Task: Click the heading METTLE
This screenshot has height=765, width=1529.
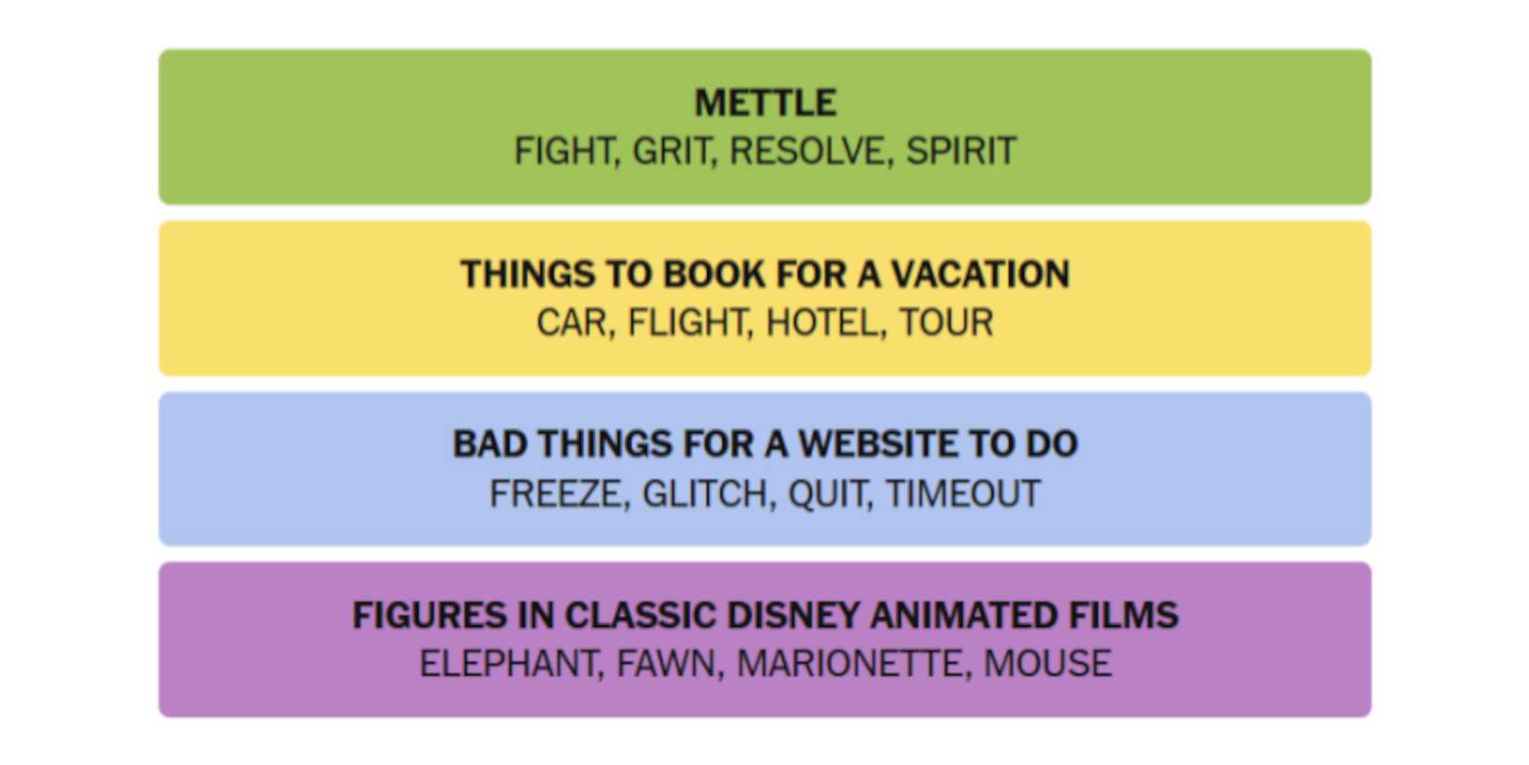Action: (x=765, y=102)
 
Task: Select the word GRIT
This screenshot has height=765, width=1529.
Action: (x=671, y=151)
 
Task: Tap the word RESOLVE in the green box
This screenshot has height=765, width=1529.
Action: (x=807, y=151)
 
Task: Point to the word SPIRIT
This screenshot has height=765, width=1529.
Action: (x=961, y=151)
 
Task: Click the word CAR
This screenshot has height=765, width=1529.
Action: (x=572, y=323)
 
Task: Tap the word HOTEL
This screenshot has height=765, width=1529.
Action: (x=822, y=323)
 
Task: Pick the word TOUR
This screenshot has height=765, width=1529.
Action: (x=946, y=323)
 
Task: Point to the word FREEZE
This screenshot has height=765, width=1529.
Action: (x=556, y=493)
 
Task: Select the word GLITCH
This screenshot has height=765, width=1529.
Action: (x=705, y=493)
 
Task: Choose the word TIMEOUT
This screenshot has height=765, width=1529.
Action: (x=963, y=493)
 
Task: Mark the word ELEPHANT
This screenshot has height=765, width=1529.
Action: (x=508, y=663)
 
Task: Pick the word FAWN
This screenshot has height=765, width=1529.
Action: (x=666, y=663)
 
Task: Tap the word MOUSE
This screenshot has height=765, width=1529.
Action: (x=1048, y=663)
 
